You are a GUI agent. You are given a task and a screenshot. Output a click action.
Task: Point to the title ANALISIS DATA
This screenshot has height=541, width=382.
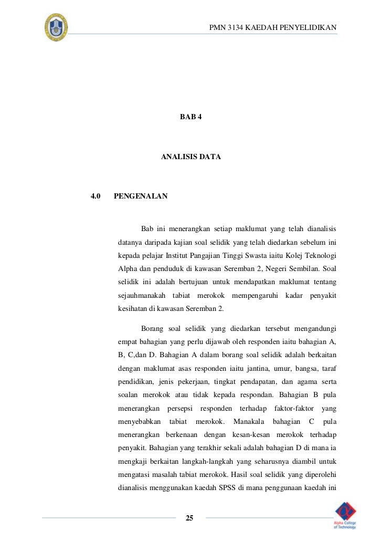[x=191, y=157]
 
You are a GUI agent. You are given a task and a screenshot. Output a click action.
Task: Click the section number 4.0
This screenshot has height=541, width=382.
[x=95, y=196]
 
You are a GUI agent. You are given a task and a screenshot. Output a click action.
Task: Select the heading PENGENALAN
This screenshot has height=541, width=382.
[x=141, y=196]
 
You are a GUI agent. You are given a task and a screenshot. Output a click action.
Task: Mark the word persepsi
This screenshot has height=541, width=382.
[x=180, y=408]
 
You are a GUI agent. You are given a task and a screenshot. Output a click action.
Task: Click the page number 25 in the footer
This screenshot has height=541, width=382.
[x=190, y=518]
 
